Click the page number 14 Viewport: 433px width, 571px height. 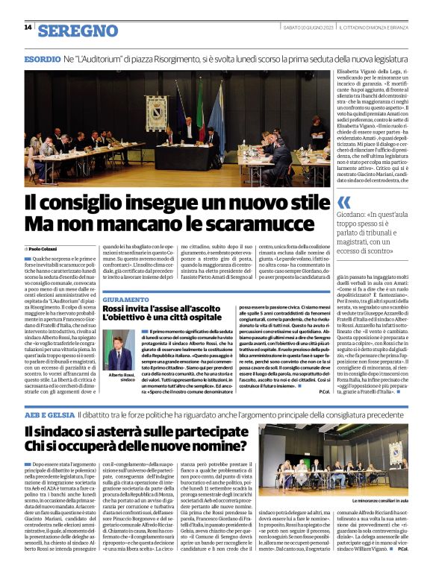click(28, 28)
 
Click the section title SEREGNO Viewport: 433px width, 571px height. click(78, 31)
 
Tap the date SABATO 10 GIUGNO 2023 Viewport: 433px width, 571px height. click(305, 28)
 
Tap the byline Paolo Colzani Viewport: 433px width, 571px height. click(45, 247)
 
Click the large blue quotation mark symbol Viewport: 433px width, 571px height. click(344, 202)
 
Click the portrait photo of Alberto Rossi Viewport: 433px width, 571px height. click(119, 350)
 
